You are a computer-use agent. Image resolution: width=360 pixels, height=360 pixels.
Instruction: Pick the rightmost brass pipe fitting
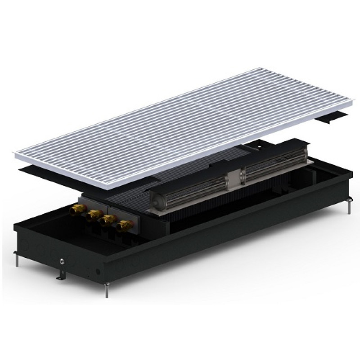[121, 226]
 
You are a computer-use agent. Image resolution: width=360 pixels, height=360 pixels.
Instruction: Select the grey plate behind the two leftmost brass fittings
[90, 203]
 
